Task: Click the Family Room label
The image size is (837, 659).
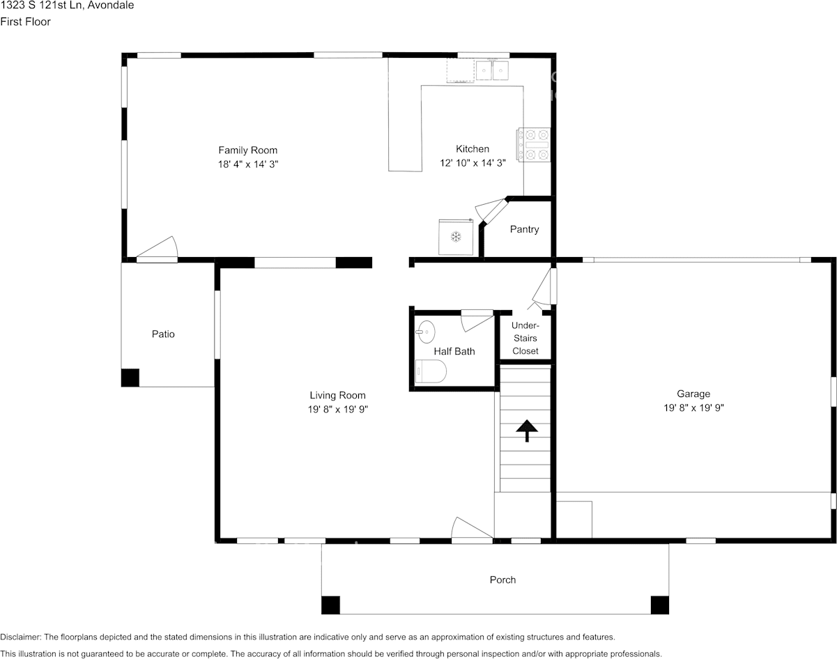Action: tap(248, 150)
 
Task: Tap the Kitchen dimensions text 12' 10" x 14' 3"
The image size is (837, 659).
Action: tap(473, 163)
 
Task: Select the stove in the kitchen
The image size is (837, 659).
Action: tap(533, 145)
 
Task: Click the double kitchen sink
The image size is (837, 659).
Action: tap(493, 70)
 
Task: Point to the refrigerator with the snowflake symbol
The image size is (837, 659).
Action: tap(456, 237)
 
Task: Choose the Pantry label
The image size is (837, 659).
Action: tap(524, 229)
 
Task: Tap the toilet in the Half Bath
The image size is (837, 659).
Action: tap(431, 371)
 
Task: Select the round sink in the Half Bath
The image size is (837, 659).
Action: tap(426, 332)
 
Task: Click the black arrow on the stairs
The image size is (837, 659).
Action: tap(527, 431)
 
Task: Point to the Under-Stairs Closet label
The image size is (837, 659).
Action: tap(525, 339)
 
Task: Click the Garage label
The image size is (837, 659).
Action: tap(693, 394)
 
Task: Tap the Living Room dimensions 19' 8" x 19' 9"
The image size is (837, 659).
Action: tap(338, 410)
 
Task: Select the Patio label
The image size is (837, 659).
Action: tap(163, 334)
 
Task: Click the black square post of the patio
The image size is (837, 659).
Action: tap(130, 378)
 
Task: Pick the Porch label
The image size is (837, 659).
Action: tap(502, 580)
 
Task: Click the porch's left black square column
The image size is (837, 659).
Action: tap(330, 605)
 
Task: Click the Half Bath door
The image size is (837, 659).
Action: tap(477, 320)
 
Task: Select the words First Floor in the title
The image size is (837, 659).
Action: tap(25, 22)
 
